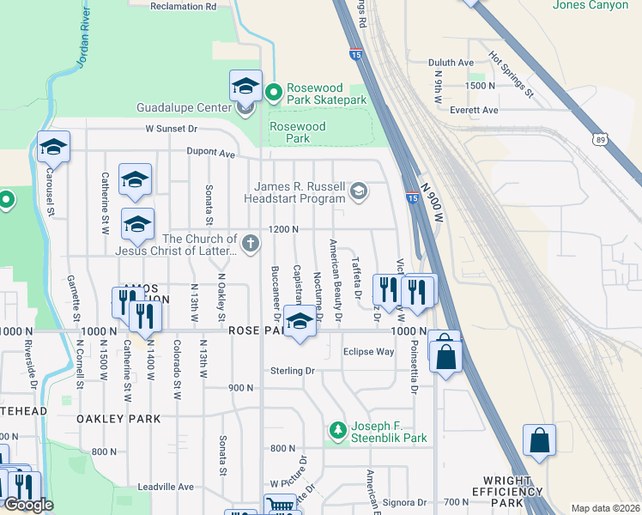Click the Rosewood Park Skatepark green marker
point(274,90)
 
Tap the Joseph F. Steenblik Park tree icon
point(339,428)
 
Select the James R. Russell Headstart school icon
point(360,191)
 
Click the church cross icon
point(251,244)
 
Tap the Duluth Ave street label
point(451,63)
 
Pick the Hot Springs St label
point(512,75)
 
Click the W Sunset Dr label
point(171,129)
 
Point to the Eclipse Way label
point(368,352)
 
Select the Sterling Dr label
point(293,371)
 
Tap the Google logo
point(28,505)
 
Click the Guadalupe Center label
point(184,108)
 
